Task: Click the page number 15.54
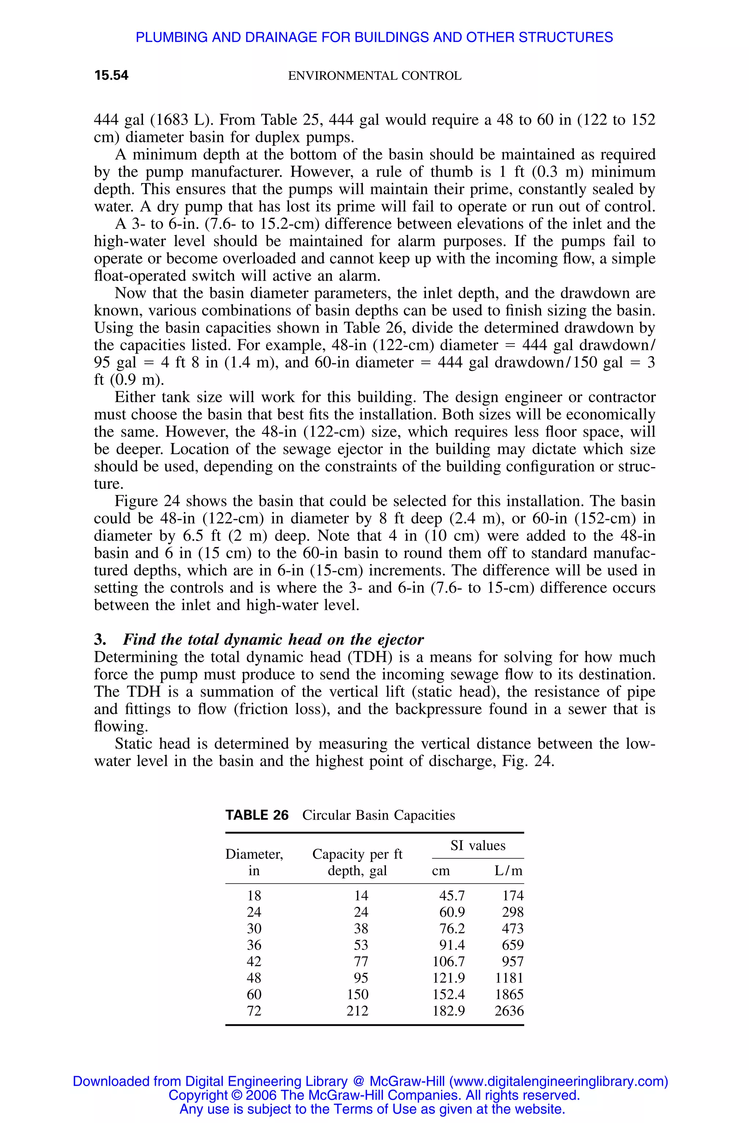click(111, 75)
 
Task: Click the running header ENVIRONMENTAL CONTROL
click(374, 76)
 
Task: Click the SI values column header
click(478, 846)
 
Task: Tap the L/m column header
click(508, 871)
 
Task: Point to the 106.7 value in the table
click(448, 962)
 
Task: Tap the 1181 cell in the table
click(509, 978)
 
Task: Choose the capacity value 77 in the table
click(361, 962)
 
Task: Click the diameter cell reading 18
click(254, 896)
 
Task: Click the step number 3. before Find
click(100, 640)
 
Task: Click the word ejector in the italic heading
click(400, 640)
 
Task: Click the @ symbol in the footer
click(358, 1081)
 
